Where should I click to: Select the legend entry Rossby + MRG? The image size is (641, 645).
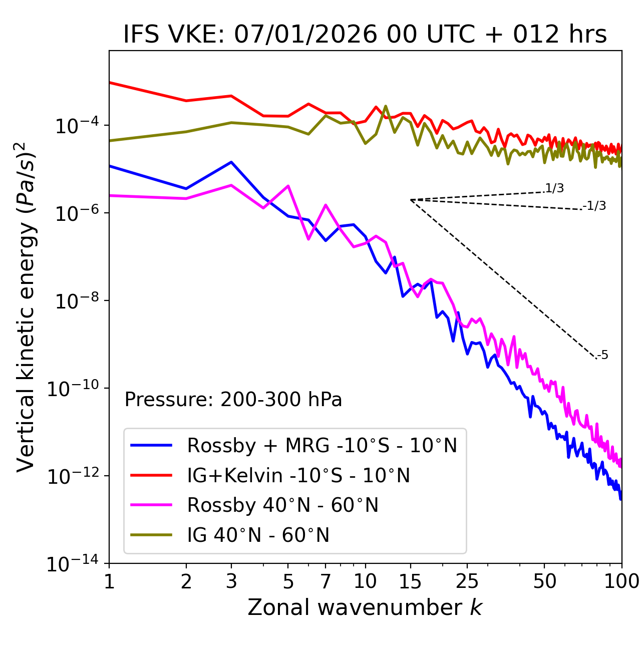(322, 445)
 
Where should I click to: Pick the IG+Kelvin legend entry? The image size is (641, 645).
(298, 475)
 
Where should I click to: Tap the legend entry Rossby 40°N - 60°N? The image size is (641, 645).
(282, 505)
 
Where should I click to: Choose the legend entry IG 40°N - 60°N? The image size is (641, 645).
(258, 535)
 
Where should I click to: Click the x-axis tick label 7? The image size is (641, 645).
(326, 581)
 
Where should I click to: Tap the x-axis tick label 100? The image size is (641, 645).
(621, 581)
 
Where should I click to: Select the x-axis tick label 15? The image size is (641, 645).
(410, 581)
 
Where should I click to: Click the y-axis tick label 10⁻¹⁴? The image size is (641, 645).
(72, 564)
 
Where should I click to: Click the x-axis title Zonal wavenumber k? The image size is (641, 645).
(365, 607)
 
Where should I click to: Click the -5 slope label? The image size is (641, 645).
(603, 356)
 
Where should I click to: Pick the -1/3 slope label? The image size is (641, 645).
(595, 206)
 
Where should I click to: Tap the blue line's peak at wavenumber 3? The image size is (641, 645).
(231, 162)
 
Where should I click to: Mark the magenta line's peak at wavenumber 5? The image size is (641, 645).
(288, 186)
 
